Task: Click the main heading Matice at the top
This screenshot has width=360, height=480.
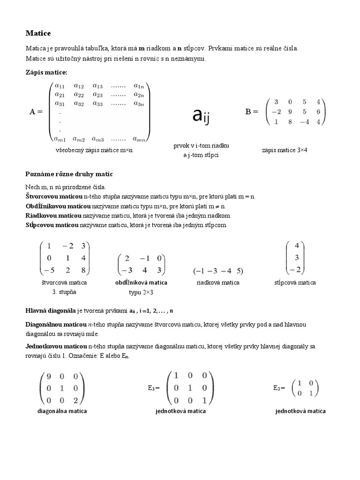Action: (38, 33)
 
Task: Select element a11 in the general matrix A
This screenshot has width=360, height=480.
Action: (60, 86)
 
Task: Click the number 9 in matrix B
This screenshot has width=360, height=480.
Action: (291, 112)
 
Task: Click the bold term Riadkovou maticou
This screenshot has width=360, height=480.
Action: (53, 216)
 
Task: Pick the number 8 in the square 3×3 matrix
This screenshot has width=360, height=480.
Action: (83, 270)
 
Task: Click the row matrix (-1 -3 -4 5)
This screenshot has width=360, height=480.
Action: (218, 271)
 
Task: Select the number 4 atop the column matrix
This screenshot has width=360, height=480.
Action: (296, 246)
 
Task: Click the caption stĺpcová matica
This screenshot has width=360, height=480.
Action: (295, 283)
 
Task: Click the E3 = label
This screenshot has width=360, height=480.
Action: (153, 388)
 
